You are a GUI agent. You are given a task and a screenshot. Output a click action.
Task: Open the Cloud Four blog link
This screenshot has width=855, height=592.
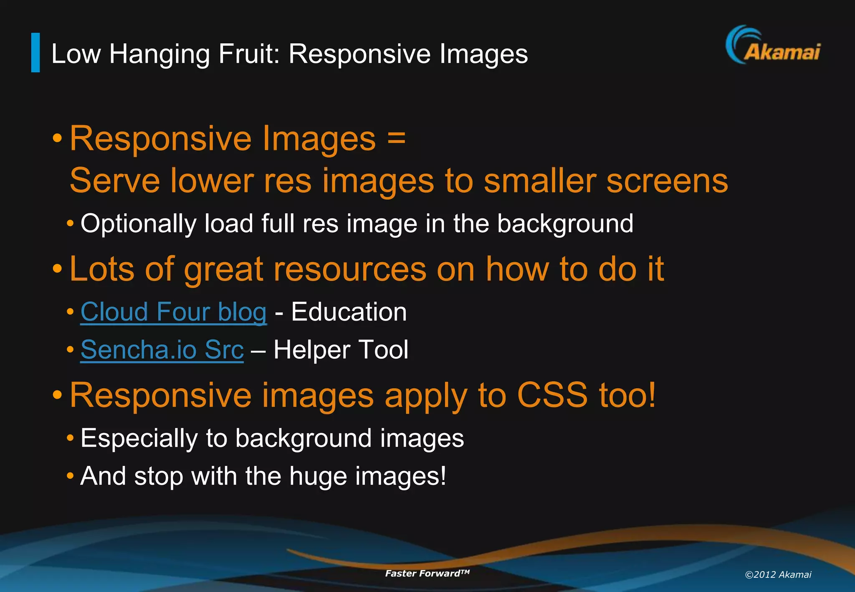pyautogui.click(x=173, y=312)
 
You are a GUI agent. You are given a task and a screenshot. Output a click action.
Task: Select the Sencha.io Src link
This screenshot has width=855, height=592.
pyautogui.click(x=162, y=349)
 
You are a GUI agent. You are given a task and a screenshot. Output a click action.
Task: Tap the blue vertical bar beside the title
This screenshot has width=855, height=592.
pyautogui.click(x=35, y=53)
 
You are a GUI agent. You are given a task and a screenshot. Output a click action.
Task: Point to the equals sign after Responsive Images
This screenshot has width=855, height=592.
pyautogui.click(x=396, y=138)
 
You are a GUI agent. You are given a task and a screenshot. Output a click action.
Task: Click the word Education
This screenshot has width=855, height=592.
pyautogui.click(x=349, y=312)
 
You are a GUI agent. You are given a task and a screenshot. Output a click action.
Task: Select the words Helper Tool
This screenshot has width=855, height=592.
pyautogui.click(x=341, y=349)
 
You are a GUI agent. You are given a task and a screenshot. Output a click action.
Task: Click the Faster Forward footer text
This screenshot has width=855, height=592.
pyautogui.click(x=427, y=573)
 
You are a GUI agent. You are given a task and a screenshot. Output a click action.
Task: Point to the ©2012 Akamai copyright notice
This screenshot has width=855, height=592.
pyautogui.click(x=778, y=574)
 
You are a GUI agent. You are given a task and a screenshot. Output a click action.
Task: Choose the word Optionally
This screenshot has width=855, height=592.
pyautogui.click(x=138, y=224)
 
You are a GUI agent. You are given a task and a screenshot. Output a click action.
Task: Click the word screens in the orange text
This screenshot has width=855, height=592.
pyautogui.click(x=667, y=181)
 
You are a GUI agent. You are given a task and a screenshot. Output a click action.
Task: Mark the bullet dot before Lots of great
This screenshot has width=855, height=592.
pyautogui.click(x=57, y=269)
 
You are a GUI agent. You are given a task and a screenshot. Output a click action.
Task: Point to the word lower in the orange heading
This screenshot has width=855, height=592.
pyautogui.click(x=212, y=181)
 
